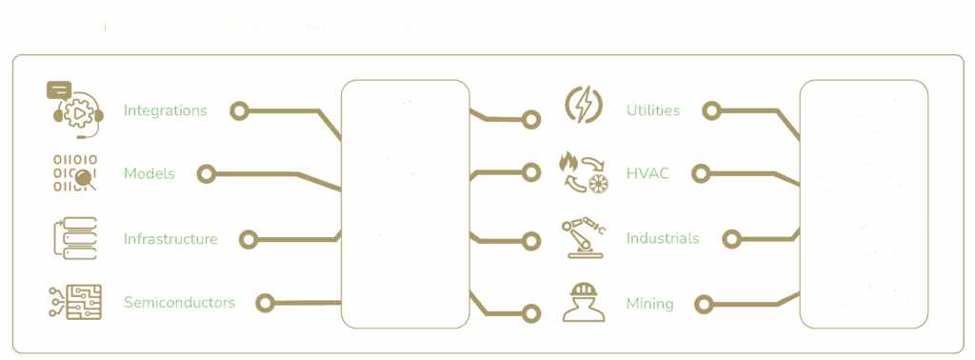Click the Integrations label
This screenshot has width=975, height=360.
166,110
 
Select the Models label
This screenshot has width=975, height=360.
149,173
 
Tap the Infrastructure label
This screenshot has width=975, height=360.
171,238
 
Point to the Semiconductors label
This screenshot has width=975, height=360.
179,303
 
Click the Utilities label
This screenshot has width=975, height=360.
652,110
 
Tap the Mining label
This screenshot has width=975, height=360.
649,304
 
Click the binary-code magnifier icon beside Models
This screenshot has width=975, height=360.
70,172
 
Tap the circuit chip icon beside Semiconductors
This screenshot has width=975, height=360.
70,303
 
